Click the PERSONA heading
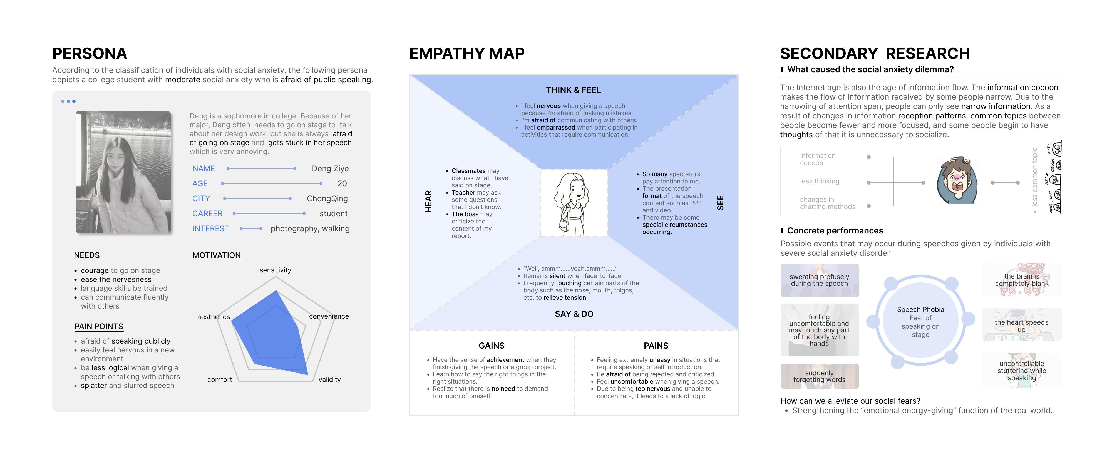[x=90, y=54]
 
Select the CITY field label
[x=201, y=198]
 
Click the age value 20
[x=342, y=184]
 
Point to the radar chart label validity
[x=329, y=380]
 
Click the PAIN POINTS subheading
[x=99, y=327]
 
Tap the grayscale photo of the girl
[x=123, y=172]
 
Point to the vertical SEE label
[x=720, y=203]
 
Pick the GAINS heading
[x=491, y=346]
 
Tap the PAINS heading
[x=656, y=346]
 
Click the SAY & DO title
[x=574, y=314]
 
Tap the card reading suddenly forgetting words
[x=819, y=376]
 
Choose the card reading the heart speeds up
[x=1021, y=326]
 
